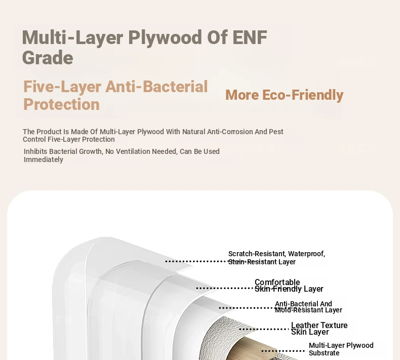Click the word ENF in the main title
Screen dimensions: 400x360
tap(250, 37)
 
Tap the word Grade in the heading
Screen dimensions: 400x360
tap(48, 58)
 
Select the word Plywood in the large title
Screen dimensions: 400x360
tap(165, 38)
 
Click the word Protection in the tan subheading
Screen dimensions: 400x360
tap(61, 104)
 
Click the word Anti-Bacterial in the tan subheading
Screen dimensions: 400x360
tap(156, 87)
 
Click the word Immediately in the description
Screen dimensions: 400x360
tap(44, 159)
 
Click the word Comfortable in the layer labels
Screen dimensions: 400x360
tap(277, 282)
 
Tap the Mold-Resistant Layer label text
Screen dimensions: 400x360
tap(308, 310)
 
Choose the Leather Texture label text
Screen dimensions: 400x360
tap(319, 325)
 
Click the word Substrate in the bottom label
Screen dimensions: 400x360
tap(324, 353)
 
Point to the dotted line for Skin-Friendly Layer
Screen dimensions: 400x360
tap(225, 288)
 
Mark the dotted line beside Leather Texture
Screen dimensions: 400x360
tap(265, 329)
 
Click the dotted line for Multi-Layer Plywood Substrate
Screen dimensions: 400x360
tap(283, 351)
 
